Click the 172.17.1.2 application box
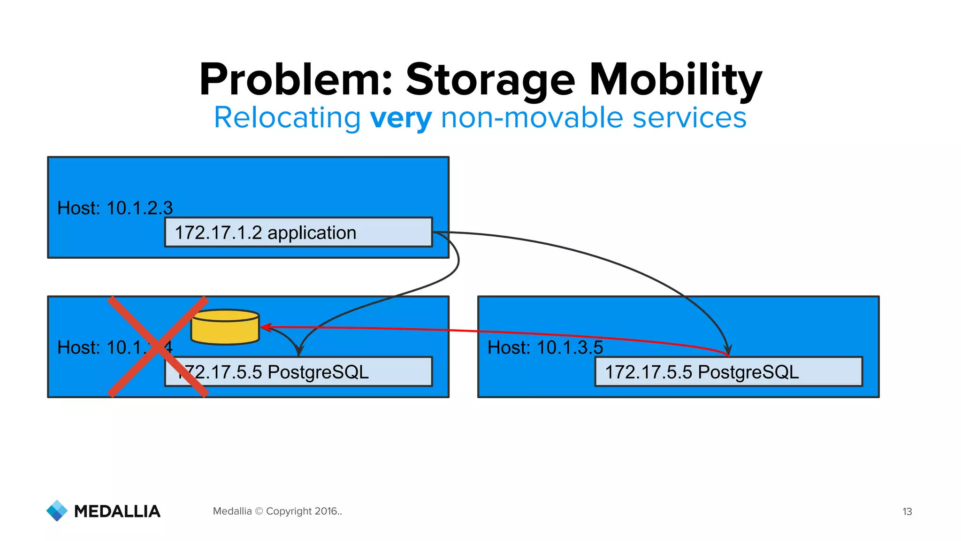(298, 232)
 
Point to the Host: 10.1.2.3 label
(115, 208)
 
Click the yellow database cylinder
(225, 327)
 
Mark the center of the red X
(158, 347)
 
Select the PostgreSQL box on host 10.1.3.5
(728, 372)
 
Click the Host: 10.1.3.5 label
(545, 348)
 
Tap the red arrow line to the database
(469, 331)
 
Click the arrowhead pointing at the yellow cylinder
(266, 327)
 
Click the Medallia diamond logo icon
(57, 510)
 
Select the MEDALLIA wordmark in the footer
(117, 511)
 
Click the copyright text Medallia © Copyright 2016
(277, 511)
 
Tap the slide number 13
(907, 511)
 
